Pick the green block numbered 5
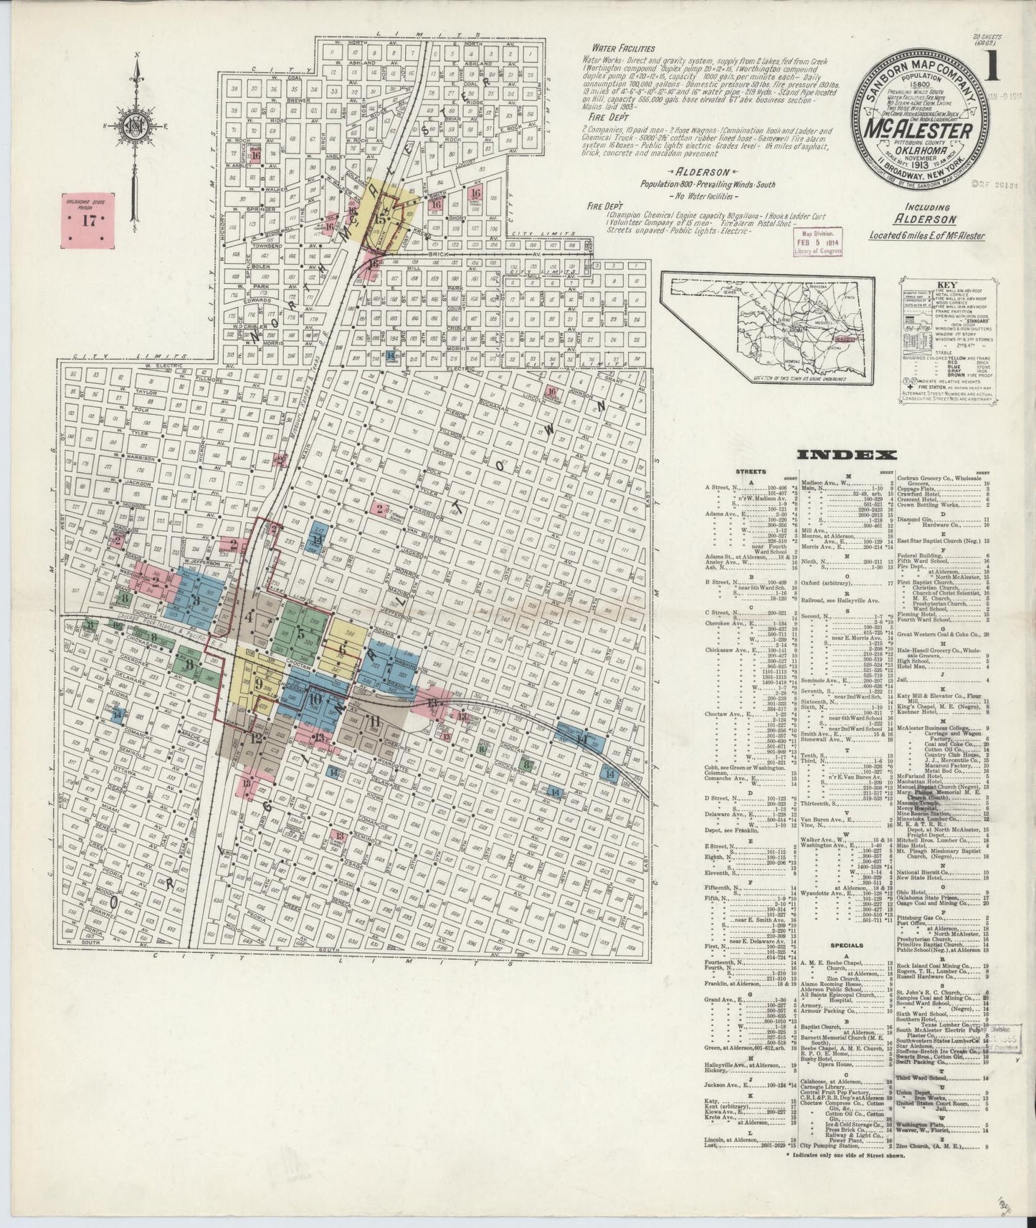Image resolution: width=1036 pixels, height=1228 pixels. click(300, 633)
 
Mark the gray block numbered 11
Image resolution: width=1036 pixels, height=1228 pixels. click(373, 721)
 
